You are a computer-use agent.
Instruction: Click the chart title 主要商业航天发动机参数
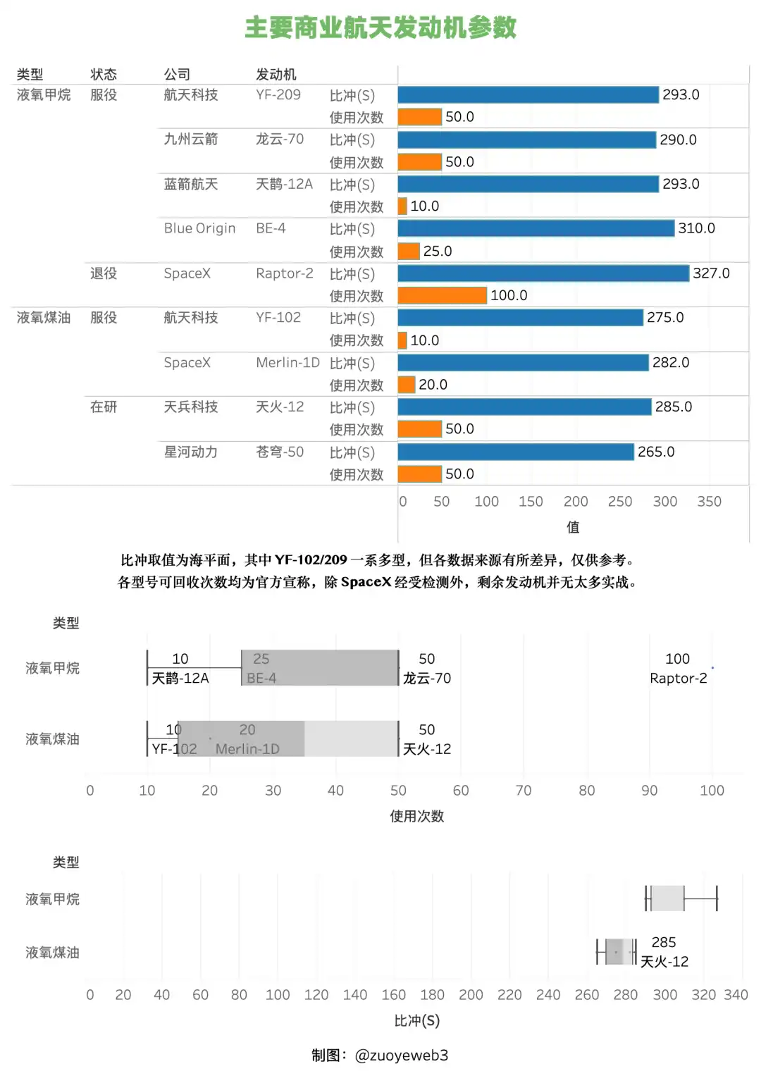click(x=380, y=28)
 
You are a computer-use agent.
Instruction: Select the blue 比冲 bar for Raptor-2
click(x=543, y=273)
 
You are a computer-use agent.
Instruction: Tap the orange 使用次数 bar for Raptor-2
click(x=442, y=295)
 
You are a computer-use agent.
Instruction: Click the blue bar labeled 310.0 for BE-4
click(x=536, y=228)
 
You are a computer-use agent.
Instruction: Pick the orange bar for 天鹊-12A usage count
click(x=402, y=206)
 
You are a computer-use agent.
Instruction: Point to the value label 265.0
click(x=656, y=452)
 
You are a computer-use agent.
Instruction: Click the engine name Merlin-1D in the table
click(x=287, y=363)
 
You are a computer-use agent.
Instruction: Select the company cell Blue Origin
click(x=199, y=228)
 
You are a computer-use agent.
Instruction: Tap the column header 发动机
click(x=276, y=74)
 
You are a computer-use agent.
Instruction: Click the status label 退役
click(x=104, y=273)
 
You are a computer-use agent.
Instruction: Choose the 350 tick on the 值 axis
click(x=709, y=502)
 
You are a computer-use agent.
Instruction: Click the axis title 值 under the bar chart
click(x=573, y=527)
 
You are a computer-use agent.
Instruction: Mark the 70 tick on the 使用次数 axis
click(x=524, y=791)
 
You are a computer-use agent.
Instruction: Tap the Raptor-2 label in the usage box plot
click(x=678, y=679)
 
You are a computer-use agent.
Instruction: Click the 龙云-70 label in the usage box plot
click(x=427, y=679)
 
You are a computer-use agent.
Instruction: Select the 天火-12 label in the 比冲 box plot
click(x=664, y=962)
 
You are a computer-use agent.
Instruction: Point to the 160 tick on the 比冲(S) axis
click(x=394, y=995)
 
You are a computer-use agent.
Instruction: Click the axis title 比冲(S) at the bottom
click(x=416, y=1020)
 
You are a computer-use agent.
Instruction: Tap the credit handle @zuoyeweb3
click(x=402, y=1056)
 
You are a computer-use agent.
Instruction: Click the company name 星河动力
click(x=191, y=452)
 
